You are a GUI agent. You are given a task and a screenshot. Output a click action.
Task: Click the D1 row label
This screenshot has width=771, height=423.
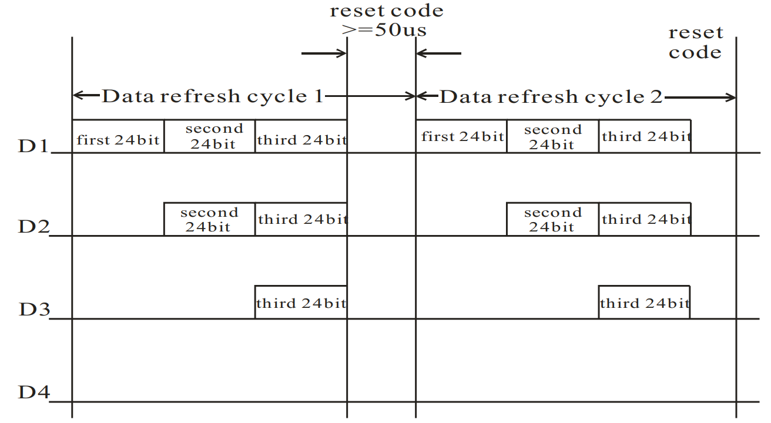click(x=33, y=146)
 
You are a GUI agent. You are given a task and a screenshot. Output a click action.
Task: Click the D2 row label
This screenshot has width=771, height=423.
click(x=33, y=226)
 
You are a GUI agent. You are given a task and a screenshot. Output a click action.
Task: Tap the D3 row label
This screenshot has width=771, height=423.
click(x=35, y=309)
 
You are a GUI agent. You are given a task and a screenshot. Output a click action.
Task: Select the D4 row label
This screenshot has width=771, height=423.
click(x=33, y=392)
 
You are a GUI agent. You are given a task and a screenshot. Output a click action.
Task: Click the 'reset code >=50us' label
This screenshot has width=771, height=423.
click(x=386, y=20)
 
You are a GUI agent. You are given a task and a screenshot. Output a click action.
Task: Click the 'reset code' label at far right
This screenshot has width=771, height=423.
click(x=695, y=43)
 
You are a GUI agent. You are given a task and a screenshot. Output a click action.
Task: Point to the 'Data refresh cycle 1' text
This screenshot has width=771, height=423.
click(x=212, y=96)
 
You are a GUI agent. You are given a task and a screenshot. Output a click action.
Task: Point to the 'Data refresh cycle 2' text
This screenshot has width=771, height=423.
click(x=551, y=96)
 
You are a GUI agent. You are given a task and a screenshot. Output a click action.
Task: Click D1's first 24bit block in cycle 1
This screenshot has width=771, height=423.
click(x=118, y=136)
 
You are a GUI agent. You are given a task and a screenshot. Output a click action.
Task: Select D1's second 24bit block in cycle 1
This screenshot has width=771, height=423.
click(x=210, y=136)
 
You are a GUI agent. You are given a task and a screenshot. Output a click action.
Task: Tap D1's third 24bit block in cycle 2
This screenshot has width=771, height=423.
click(x=645, y=136)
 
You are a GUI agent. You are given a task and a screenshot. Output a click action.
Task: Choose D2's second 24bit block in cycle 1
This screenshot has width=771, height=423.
click(x=210, y=219)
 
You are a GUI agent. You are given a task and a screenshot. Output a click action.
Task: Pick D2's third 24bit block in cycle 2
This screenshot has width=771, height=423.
click(x=645, y=219)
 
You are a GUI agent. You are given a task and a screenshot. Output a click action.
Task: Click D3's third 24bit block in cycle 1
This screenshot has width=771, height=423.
click(x=301, y=302)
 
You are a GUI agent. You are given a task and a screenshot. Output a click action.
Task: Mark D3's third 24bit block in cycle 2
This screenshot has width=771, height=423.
click(x=644, y=302)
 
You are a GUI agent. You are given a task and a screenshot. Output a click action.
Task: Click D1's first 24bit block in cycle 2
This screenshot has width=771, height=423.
click(x=461, y=136)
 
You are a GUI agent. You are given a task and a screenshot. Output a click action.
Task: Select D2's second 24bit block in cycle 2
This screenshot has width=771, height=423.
click(x=553, y=219)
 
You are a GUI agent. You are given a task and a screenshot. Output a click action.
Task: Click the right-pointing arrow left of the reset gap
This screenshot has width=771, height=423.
click(x=324, y=53)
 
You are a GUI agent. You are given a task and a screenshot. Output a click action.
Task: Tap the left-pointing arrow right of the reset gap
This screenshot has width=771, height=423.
click(x=439, y=53)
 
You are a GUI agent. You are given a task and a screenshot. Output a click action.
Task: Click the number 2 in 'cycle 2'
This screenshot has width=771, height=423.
click(x=656, y=97)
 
